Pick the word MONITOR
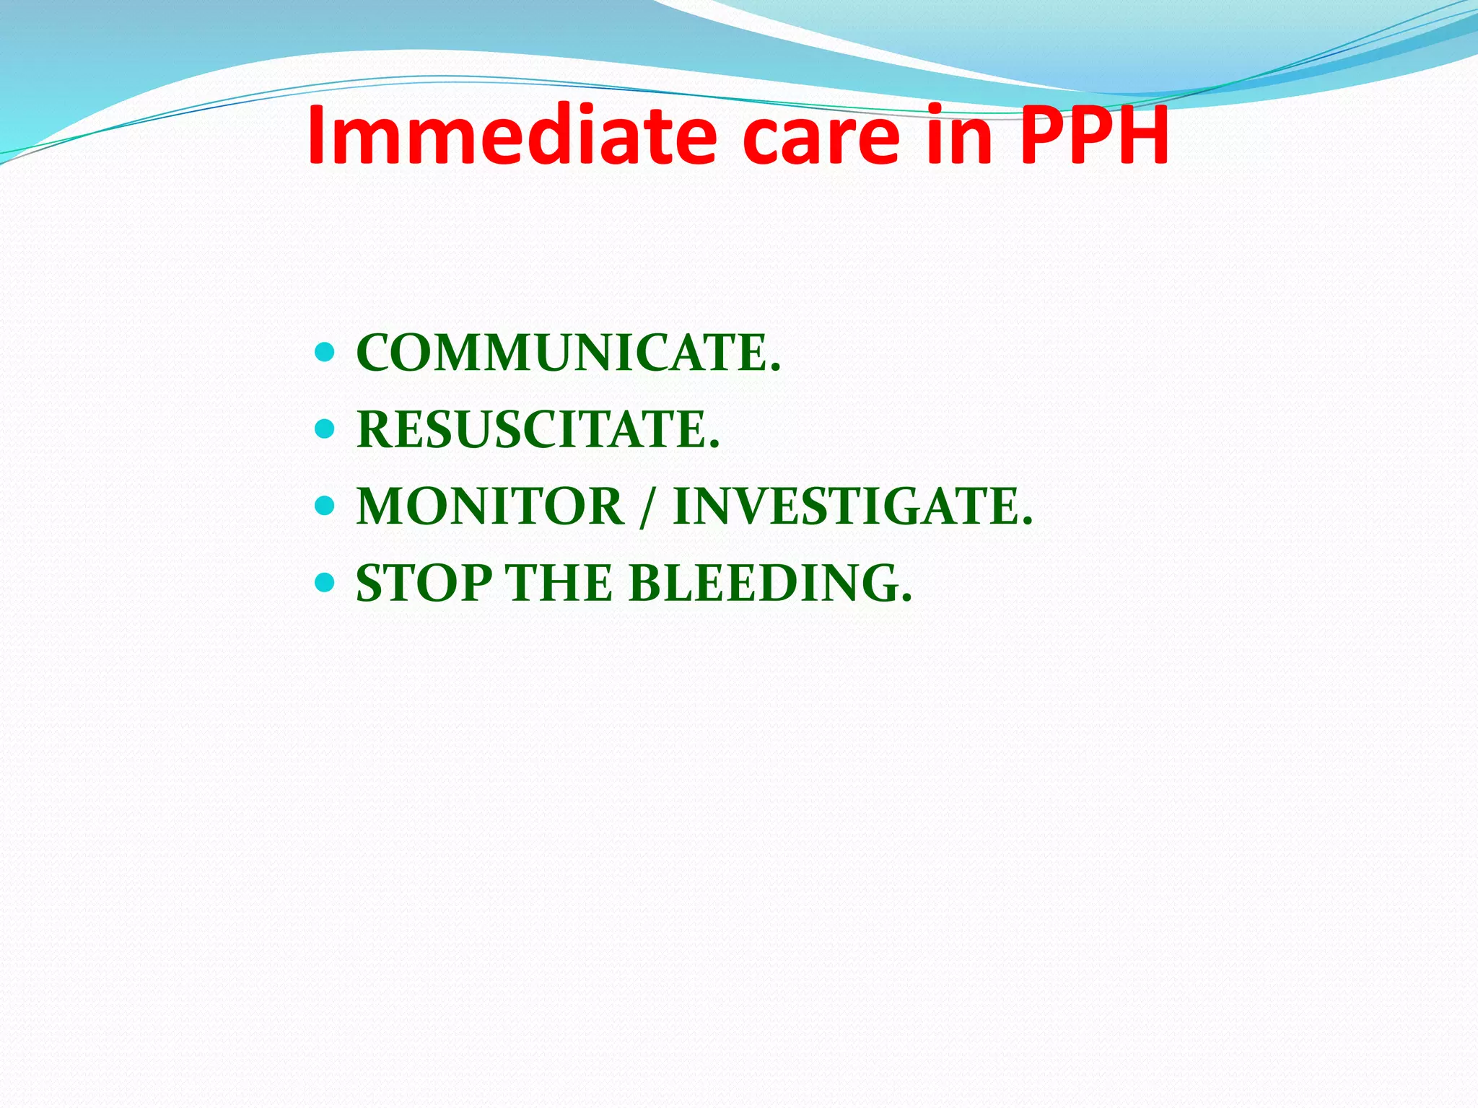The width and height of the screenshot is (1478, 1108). pyautogui.click(x=490, y=506)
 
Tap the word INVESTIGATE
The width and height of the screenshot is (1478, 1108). pyautogui.click(x=846, y=506)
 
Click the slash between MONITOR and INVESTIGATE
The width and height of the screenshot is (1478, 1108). pyautogui.click(x=648, y=508)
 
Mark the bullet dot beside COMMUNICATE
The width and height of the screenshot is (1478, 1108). pyautogui.click(x=325, y=353)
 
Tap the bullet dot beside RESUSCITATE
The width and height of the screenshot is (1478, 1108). pyautogui.click(x=325, y=429)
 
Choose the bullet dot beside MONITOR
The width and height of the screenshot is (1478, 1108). pyautogui.click(x=325, y=506)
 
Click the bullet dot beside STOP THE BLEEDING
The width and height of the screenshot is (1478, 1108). pyautogui.click(x=325, y=582)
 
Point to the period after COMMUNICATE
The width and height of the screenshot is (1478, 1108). pyautogui.click(x=776, y=369)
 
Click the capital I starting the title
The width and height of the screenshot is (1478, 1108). pyautogui.click(x=318, y=136)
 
